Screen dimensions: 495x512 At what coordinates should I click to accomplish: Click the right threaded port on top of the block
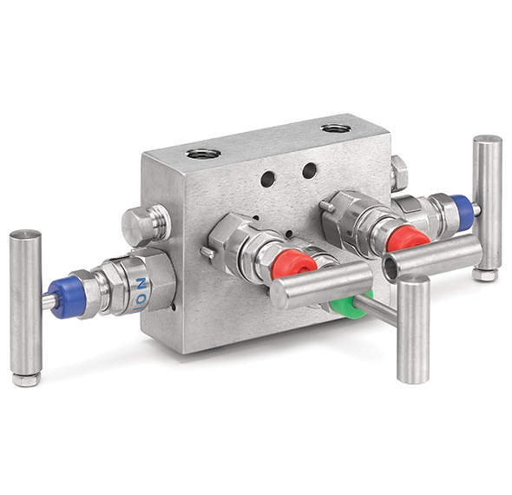pos(334,129)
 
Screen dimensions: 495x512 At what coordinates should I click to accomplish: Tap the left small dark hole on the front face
pos(268,179)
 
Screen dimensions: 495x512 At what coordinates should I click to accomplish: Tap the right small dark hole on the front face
pos(309,170)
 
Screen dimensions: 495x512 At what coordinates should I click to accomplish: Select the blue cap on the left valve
pos(63,296)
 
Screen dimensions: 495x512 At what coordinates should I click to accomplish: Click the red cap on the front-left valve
pos(292,263)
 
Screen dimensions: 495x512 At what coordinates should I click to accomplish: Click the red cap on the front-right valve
pos(407,237)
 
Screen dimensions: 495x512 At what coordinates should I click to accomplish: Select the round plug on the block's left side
pos(144,225)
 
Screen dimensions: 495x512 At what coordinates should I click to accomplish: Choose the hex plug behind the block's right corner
pos(398,173)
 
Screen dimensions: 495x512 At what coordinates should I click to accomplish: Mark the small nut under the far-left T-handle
pos(27,379)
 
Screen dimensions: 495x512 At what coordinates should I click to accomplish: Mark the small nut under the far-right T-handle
pos(485,274)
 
